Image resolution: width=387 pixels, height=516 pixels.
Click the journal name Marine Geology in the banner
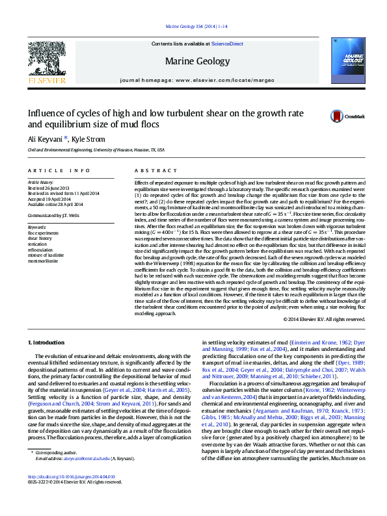point(198,62)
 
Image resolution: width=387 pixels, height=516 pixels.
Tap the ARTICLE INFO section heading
point(59,170)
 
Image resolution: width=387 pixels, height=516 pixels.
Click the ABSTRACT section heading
point(147,170)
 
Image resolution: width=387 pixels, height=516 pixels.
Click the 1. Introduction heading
point(46,342)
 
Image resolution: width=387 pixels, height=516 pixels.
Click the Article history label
point(42,183)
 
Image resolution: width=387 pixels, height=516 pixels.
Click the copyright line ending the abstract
point(321,319)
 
